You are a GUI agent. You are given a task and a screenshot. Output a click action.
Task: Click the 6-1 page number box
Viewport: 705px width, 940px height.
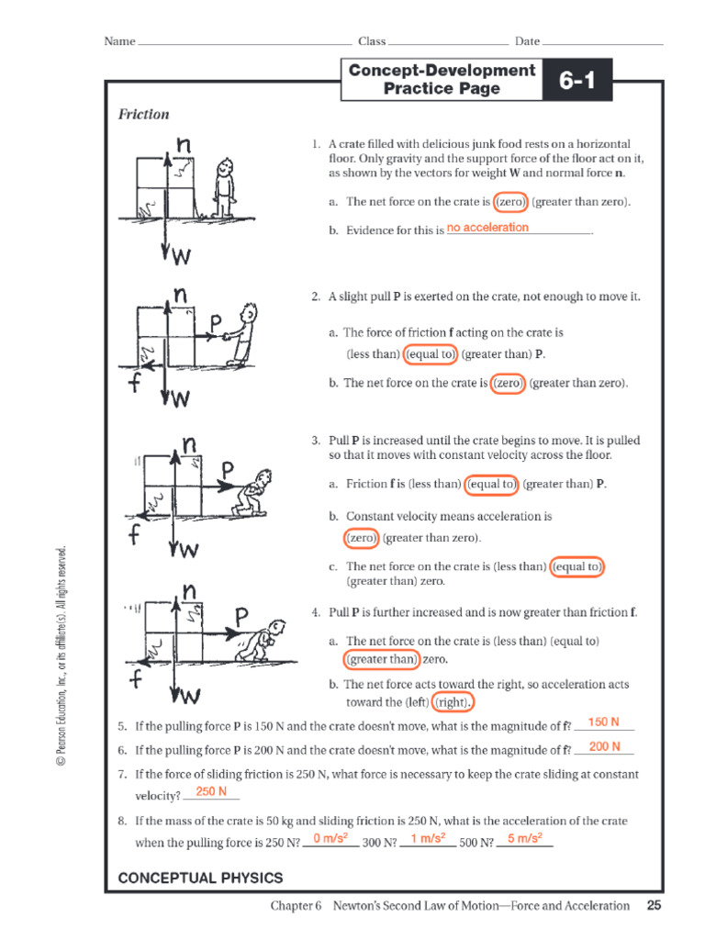pos(577,81)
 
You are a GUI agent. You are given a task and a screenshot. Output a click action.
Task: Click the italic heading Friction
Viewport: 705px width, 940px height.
pos(143,115)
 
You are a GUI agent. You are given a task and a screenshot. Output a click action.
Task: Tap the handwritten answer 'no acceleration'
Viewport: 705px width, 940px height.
pos(487,228)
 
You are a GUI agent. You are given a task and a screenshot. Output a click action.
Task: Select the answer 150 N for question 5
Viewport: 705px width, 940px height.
pos(603,722)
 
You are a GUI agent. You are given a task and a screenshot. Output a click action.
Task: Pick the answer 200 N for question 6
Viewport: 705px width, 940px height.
pos(604,747)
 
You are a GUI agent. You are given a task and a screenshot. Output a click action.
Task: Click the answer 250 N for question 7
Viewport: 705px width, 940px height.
pos(211,791)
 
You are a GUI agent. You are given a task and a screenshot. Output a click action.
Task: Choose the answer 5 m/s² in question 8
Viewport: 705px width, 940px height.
pos(524,838)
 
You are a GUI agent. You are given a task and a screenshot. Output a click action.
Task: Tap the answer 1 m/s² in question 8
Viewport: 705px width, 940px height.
pos(428,838)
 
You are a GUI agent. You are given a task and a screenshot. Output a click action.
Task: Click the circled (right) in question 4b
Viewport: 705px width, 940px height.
pos(451,702)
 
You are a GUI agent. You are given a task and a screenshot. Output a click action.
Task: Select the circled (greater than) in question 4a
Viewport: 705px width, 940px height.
pos(381,659)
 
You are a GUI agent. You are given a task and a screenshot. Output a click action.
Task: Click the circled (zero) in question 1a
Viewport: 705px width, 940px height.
pos(509,202)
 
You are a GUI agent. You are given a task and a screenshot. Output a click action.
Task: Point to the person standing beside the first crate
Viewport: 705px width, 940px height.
pos(223,188)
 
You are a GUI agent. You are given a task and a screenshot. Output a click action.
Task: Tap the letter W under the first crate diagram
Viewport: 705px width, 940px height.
pos(183,258)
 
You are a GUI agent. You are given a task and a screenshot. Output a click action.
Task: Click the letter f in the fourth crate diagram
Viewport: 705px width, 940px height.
pos(136,679)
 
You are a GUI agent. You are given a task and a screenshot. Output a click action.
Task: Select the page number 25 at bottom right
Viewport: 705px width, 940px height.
pos(654,905)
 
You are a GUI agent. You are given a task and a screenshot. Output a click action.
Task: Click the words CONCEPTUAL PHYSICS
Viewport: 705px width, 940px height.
pos(200,878)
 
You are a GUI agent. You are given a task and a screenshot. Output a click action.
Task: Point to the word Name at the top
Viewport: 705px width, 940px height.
pos(119,41)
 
